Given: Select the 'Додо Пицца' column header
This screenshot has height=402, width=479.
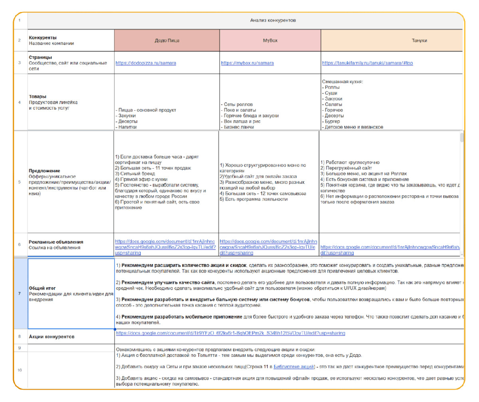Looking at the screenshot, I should coord(166,41).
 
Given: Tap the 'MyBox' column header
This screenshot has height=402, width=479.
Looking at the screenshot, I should coord(269,41).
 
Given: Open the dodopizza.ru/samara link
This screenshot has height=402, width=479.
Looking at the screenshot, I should coord(146,63).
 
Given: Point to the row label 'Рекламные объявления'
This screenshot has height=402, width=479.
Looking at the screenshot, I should coord(56,242).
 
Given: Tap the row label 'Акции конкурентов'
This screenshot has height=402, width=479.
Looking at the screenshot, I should coord(52,337).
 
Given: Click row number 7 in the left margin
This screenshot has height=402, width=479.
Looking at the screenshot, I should coord(20,294).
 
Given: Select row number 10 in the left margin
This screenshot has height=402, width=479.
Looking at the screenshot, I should coord(20,370).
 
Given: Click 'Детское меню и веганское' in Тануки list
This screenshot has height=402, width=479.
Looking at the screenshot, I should coord(354,127).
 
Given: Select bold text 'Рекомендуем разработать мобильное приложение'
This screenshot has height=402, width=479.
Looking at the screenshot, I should coord(179,317).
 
